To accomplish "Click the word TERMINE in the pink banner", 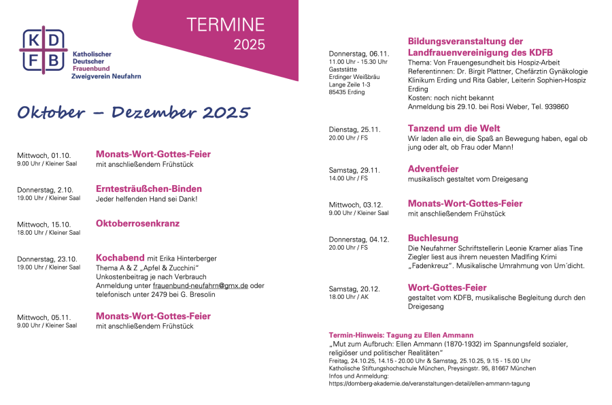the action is point(226,25).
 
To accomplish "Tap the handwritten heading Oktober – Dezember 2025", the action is point(133,112).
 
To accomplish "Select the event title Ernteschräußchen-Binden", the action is point(149,189).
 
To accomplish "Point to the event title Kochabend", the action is point(120,258).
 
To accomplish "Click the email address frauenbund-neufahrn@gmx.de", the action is point(200,285).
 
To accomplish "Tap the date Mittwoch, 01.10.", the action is point(44,155).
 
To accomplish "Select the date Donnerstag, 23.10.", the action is point(47,259).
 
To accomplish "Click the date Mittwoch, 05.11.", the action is point(44,317).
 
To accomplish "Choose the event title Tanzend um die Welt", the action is point(454,128).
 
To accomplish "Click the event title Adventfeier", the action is point(433,168).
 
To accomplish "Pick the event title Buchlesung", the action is point(432,238).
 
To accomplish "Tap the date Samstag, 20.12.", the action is point(354,289).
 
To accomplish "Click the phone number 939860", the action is point(555,107).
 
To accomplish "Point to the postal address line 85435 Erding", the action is point(347,92).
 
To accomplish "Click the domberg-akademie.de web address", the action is point(429,383).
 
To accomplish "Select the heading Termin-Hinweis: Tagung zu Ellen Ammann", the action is point(401,335).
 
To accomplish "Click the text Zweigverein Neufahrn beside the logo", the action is point(106,76).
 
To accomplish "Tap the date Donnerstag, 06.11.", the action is point(358,54).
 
